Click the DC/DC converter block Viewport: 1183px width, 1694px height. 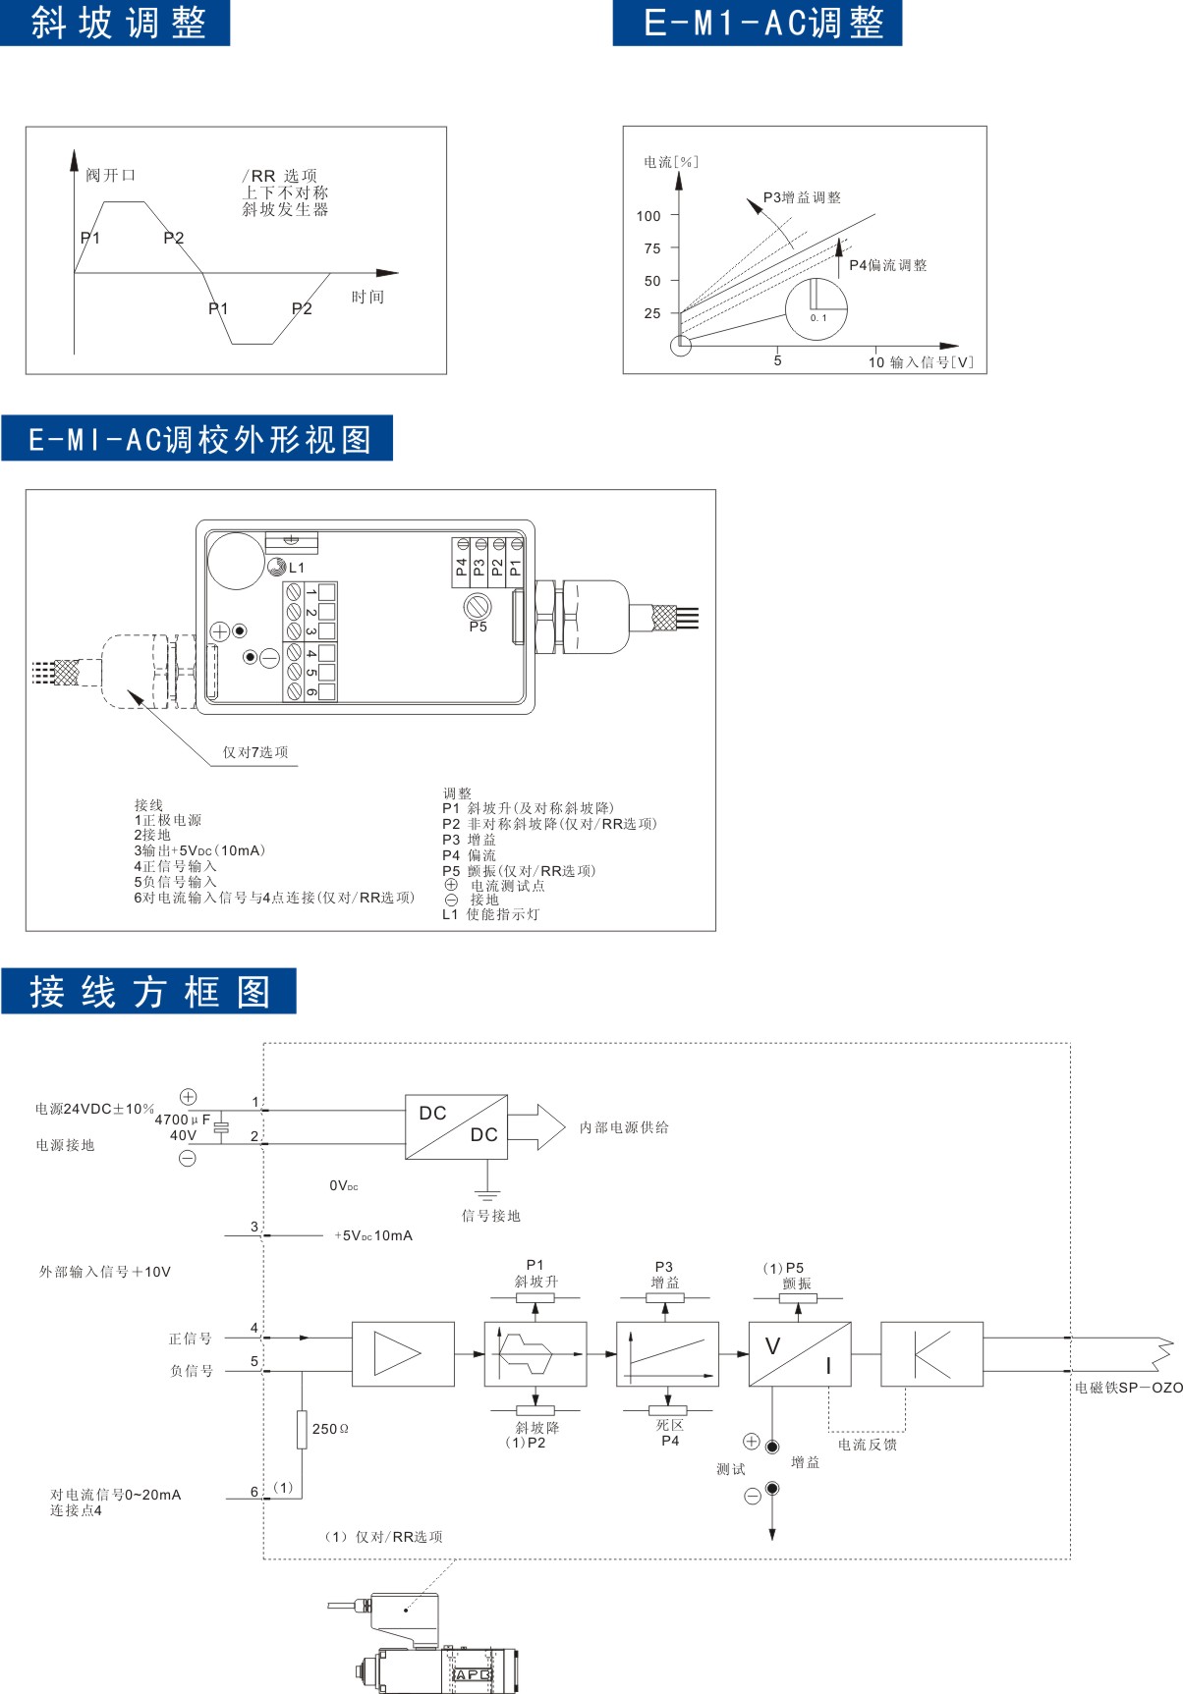456,1126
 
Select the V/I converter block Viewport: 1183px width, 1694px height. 800,1353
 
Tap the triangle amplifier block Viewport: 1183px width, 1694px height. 403,1353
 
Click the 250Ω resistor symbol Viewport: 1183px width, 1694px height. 302,1429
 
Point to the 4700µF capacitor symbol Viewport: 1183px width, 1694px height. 222,1127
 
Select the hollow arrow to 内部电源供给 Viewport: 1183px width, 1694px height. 536,1126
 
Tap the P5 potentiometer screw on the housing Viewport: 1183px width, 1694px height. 478,606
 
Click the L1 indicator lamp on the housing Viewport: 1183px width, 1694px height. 276,567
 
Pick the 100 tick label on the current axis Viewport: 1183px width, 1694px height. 648,216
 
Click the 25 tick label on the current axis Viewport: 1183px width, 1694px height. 652,313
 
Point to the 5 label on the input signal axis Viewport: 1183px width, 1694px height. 777,361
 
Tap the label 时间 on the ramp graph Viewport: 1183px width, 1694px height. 367,297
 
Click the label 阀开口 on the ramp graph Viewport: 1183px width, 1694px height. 110,175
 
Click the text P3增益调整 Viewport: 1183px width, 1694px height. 802,197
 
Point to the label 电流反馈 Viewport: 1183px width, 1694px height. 867,1445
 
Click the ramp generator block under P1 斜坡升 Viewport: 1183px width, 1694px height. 535,1353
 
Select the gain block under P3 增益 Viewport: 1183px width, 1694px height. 667,1353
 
